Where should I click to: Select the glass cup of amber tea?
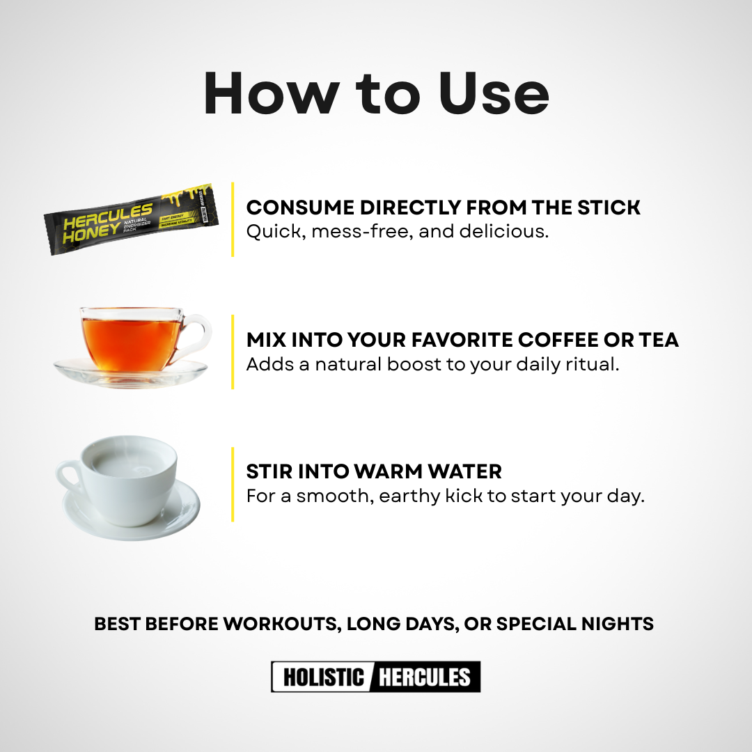[132, 341]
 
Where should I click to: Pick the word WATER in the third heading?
[463, 471]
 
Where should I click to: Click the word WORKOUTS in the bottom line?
[278, 624]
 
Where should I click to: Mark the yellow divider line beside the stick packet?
[233, 219]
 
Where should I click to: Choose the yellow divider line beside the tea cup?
[233, 352]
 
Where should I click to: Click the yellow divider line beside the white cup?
[233, 484]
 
